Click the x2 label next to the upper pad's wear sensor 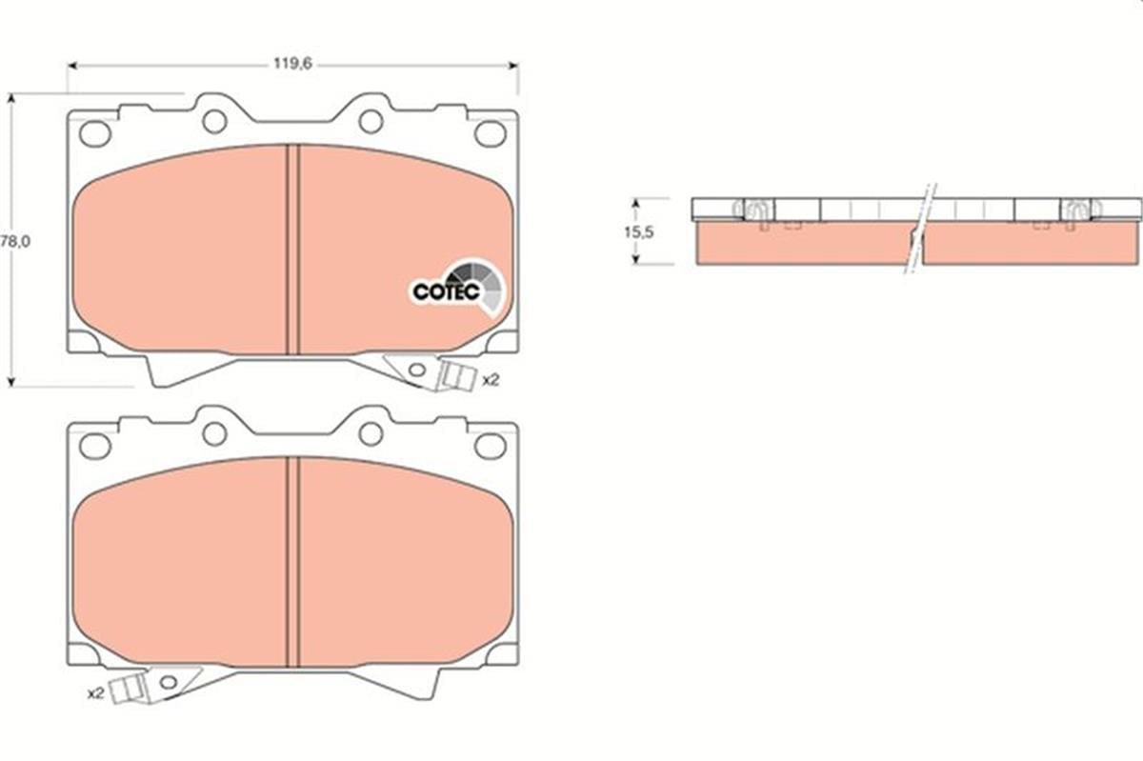point(491,380)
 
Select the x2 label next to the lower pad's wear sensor point(94,692)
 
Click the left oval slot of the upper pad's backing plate point(95,133)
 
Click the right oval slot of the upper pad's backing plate point(491,133)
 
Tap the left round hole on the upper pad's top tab point(214,121)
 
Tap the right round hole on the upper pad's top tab point(371,121)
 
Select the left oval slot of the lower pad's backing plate point(95,445)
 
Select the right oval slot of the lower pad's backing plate point(491,445)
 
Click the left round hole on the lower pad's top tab point(214,433)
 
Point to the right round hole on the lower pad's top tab point(371,433)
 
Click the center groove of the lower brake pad point(293,562)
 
